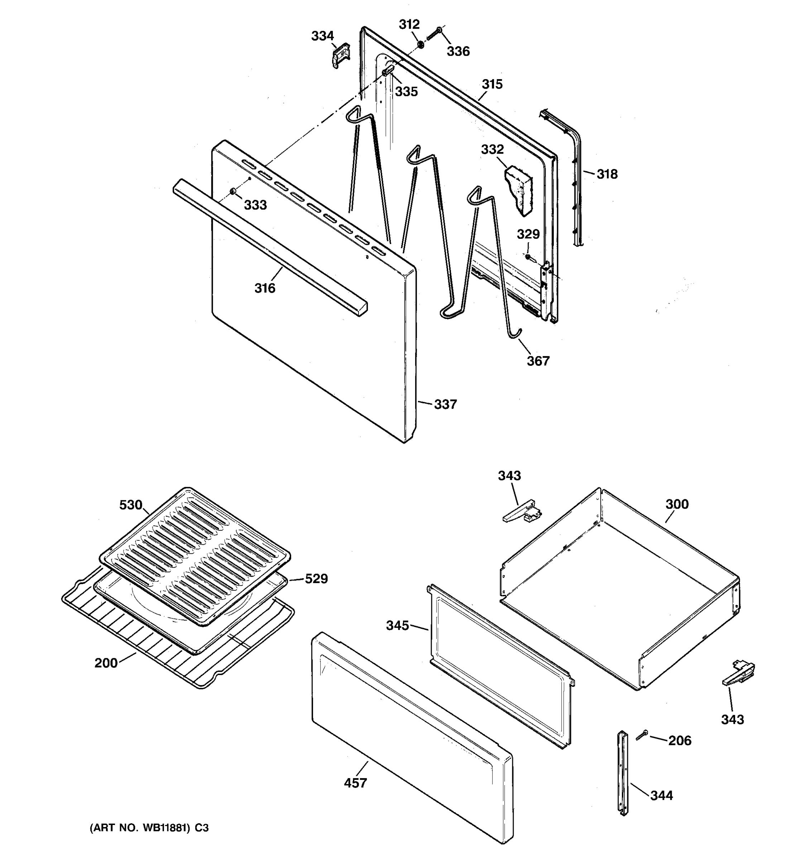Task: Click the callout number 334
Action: [322, 36]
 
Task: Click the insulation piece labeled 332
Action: [519, 189]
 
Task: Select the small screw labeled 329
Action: [528, 257]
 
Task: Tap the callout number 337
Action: [445, 404]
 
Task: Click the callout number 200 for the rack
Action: [106, 663]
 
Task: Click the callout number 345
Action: [397, 625]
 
